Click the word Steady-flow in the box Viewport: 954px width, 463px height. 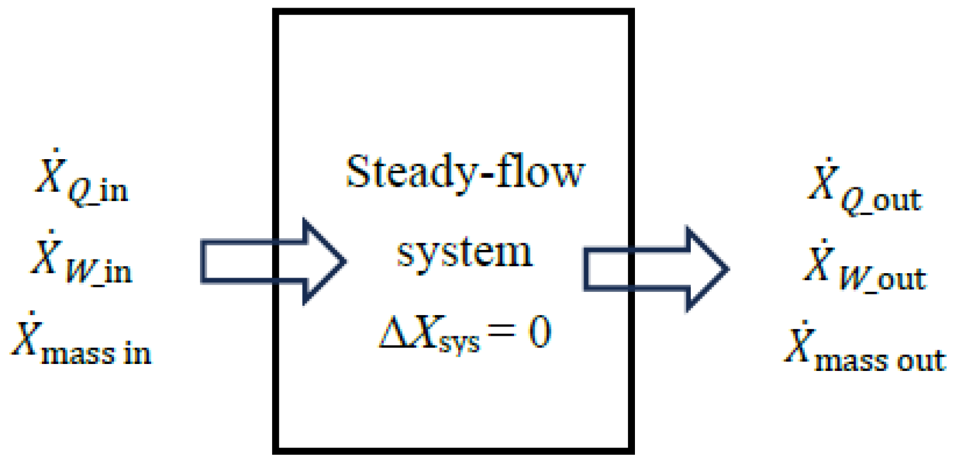(x=464, y=174)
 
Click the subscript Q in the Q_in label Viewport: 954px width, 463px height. (x=80, y=191)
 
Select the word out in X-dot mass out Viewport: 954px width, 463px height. (x=922, y=360)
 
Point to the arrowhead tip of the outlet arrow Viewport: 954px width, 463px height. (x=728, y=269)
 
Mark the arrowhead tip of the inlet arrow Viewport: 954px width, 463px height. (x=345, y=261)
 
